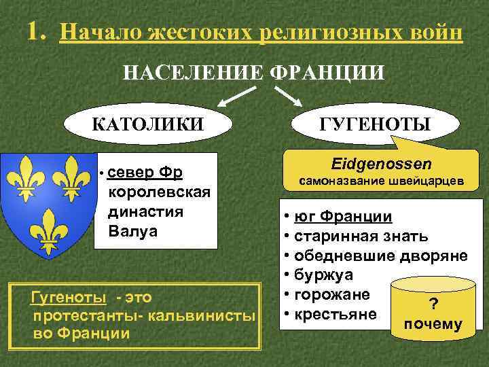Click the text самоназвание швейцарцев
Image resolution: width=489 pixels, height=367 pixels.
384,182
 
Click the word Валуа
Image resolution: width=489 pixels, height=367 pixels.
132,231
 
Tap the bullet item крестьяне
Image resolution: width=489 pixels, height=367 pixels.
332,314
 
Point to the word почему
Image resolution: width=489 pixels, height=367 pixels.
433,324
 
